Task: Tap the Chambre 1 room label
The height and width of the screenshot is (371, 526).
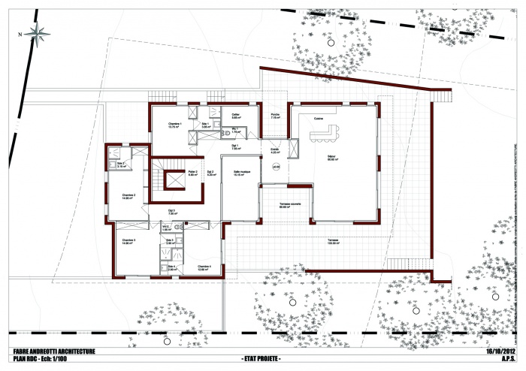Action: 174,122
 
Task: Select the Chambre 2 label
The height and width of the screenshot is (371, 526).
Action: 128,195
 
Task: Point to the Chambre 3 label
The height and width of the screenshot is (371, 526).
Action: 128,240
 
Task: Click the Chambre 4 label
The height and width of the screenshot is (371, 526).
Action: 204,267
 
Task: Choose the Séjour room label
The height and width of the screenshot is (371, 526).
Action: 330,156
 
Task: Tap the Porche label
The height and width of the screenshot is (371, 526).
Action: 275,115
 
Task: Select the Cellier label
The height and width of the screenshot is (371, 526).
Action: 235,115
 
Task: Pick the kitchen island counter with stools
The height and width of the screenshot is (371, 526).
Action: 322,135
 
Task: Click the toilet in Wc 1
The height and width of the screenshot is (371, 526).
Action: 228,134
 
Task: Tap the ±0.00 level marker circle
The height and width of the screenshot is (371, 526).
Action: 277,167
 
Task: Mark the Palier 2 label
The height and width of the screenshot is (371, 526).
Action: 192,172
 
